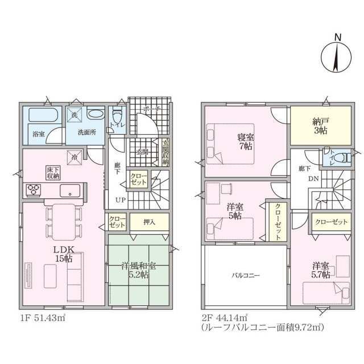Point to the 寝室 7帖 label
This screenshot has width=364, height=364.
[246, 140]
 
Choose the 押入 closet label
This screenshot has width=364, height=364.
[149, 221]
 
